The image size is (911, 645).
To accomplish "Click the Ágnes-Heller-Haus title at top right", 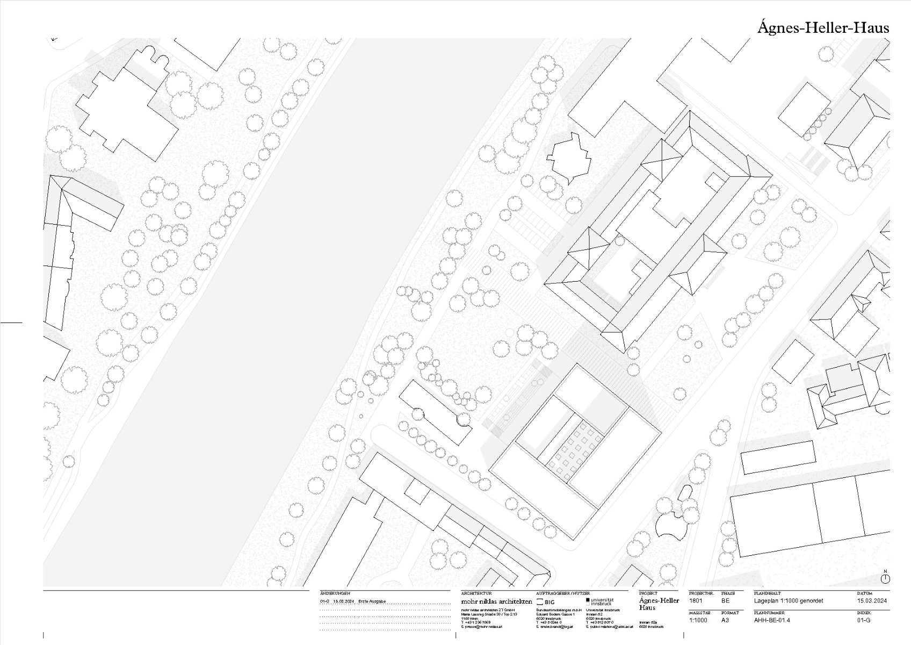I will (x=823, y=27).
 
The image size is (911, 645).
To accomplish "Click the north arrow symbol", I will (x=885, y=578).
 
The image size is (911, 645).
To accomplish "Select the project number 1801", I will (x=696, y=601).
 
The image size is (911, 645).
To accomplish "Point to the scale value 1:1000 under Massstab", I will (x=698, y=620).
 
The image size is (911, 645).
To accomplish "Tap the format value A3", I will (x=725, y=620).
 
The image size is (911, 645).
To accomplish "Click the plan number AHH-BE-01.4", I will (x=772, y=620).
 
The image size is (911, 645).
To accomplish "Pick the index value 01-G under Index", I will (x=864, y=620).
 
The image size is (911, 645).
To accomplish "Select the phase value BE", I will (x=725, y=601).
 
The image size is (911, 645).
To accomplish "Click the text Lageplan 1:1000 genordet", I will (x=788, y=601).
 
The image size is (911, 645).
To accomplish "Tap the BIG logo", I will (x=546, y=602).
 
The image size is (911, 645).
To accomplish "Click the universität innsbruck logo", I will (x=599, y=601).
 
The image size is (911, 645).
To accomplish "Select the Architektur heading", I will (x=476, y=593).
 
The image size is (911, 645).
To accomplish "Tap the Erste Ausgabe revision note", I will (x=372, y=601).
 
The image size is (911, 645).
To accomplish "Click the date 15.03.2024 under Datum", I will (x=872, y=601).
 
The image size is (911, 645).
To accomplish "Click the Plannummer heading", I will (x=769, y=613).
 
